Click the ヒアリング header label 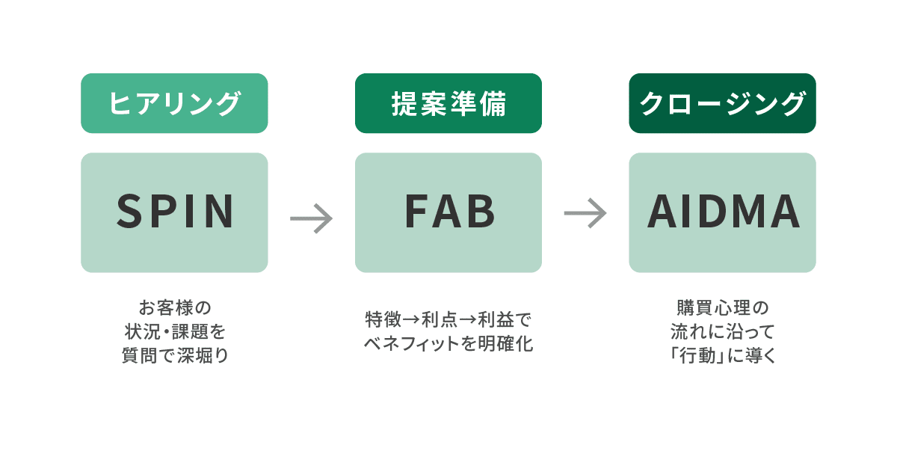pyautogui.click(x=174, y=103)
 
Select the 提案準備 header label pyautogui.click(x=449, y=103)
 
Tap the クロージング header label pyautogui.click(x=722, y=103)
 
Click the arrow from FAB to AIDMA pyautogui.click(x=585, y=212)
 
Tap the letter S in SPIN pyautogui.click(x=129, y=212)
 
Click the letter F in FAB pyautogui.click(x=415, y=212)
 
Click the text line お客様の pyautogui.click(x=174, y=307)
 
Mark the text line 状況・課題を pyautogui.click(x=174, y=331)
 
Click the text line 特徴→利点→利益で pyautogui.click(x=448, y=319)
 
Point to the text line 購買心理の pyautogui.click(x=722, y=307)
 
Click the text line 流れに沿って pyautogui.click(x=722, y=331)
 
